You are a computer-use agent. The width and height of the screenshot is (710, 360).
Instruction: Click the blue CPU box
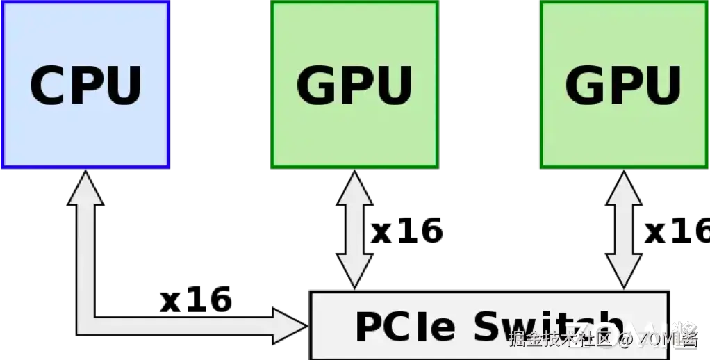click(x=85, y=85)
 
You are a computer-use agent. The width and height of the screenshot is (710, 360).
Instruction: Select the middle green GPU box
click(x=354, y=85)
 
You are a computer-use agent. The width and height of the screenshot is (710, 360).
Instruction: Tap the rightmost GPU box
click(x=624, y=85)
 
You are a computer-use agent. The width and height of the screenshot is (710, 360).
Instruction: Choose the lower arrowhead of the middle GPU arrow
click(x=354, y=272)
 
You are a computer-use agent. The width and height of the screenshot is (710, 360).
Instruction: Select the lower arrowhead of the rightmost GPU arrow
click(x=623, y=272)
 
